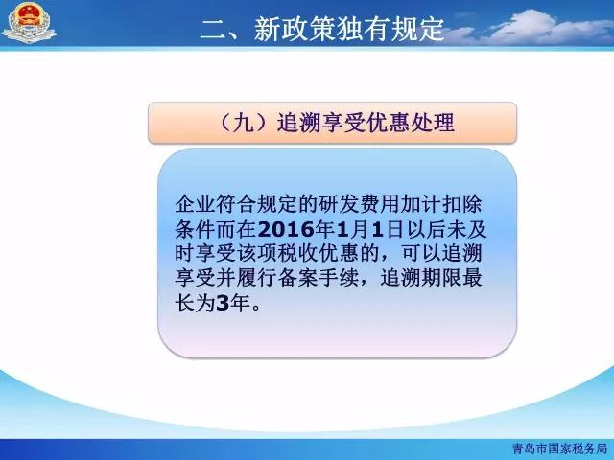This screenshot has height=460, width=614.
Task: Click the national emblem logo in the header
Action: coord(29,22)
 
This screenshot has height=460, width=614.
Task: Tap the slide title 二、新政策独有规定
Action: coord(322,28)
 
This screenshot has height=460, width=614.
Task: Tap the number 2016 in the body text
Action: coord(287,230)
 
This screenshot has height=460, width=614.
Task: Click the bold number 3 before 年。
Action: coord(222,304)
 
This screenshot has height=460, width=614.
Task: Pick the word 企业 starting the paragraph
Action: coord(195,204)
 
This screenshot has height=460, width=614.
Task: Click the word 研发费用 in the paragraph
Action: coord(359,204)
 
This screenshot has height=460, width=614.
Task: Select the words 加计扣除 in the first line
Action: coord(441,204)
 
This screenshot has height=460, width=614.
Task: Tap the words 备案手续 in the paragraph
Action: coord(318,279)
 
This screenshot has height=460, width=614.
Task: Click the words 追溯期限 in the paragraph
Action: coord(420,279)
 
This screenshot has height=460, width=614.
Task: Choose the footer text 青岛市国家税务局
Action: coord(559,448)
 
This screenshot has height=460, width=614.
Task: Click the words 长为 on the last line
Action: coord(195,304)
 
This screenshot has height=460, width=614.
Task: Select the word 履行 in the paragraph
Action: coord(256,279)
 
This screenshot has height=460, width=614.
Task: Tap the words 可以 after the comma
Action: coord(420,254)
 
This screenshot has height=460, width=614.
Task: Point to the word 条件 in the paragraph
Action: coord(195,230)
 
